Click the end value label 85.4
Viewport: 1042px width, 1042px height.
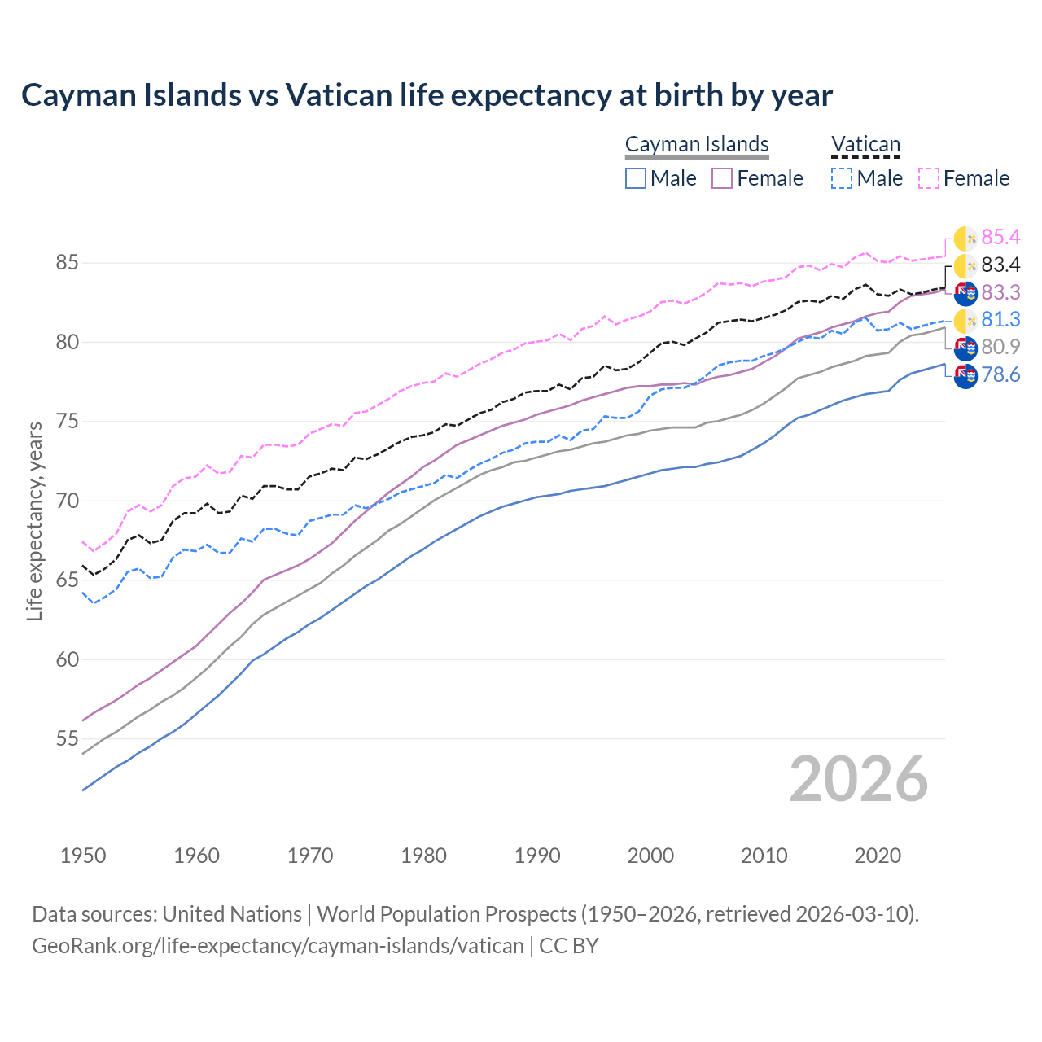[1000, 237]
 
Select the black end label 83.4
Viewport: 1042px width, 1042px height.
[1000, 265]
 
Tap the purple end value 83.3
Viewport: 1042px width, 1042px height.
[1000, 292]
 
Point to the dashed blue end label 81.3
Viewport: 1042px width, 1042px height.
[1000, 319]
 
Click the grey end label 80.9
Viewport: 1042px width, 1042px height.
[1000, 347]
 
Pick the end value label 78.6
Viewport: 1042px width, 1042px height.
[1000, 374]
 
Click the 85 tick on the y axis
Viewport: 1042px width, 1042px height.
[67, 263]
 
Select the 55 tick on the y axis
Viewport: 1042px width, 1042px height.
[67, 739]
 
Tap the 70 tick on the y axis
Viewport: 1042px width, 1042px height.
[67, 501]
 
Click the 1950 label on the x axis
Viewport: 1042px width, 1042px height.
[83, 856]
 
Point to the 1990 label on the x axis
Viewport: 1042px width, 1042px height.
[537, 856]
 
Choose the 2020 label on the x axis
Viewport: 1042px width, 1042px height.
[878, 856]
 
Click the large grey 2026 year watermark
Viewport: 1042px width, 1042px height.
[859, 779]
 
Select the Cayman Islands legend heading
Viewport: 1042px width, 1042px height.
[697, 144]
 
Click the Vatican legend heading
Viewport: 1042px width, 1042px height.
[865, 144]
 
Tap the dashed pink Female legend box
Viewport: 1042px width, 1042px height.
[929, 178]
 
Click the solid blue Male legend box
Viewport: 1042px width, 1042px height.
[636, 178]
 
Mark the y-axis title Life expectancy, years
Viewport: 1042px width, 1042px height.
[34, 521]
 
